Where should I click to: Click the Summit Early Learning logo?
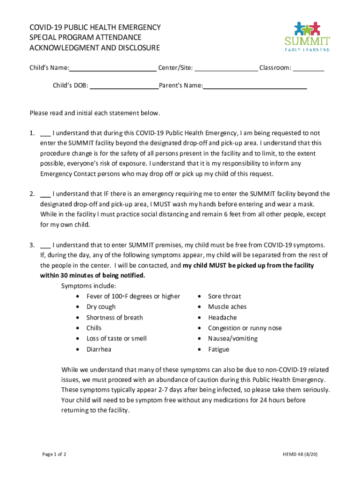(307, 36)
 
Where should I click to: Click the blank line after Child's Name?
(113, 68)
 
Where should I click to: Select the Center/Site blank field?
(226, 68)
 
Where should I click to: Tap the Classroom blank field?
(309, 68)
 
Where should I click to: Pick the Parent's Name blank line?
(255, 86)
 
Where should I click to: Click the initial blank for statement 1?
(45, 133)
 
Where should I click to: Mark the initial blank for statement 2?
(45, 194)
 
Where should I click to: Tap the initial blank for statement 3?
(45, 245)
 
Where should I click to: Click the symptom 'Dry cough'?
(101, 307)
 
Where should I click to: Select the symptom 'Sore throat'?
(224, 296)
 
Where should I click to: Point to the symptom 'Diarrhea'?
(99, 349)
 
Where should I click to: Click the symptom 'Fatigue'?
(219, 349)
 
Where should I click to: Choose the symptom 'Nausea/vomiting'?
(233, 339)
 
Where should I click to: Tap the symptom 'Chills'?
(94, 328)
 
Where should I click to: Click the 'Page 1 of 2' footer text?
(54, 454)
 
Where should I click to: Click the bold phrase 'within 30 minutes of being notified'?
(93, 276)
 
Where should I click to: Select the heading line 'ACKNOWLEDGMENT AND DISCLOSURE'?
(95, 48)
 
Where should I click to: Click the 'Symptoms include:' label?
(89, 286)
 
